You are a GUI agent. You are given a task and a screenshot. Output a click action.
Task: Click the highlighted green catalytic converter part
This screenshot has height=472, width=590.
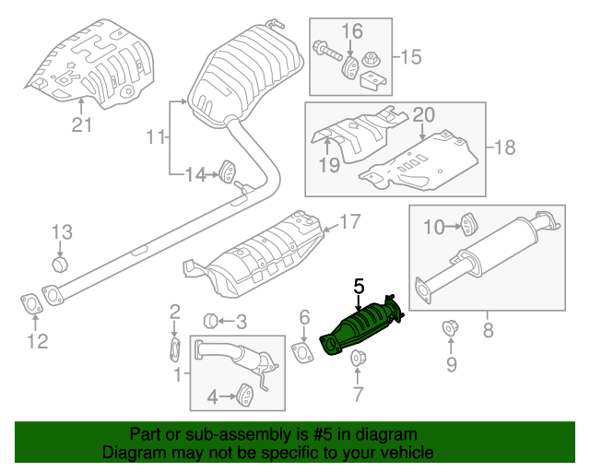pyautogui.click(x=361, y=327)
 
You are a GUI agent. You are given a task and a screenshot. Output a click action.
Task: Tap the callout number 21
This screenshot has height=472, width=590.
pyautogui.click(x=82, y=125)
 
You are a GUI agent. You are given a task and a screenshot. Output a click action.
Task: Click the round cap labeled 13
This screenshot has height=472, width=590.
pyautogui.click(x=60, y=266)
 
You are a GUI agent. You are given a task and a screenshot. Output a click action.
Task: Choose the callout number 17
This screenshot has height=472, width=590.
pyautogui.click(x=350, y=222)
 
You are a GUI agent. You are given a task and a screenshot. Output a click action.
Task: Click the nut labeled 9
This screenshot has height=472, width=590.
pyautogui.click(x=452, y=326)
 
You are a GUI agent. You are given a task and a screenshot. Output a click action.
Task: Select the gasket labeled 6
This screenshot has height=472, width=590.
pyautogui.click(x=301, y=355)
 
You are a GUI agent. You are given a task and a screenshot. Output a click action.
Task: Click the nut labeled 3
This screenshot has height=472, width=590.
pyautogui.click(x=210, y=322)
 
